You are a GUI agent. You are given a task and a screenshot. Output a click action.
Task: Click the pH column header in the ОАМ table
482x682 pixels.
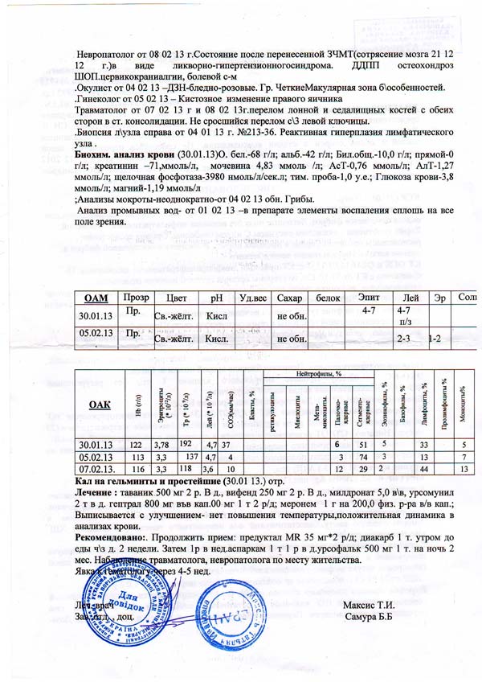[215, 298]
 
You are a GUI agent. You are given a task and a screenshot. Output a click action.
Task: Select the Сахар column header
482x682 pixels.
[288, 298]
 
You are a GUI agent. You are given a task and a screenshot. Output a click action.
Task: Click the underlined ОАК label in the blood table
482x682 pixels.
[99, 403]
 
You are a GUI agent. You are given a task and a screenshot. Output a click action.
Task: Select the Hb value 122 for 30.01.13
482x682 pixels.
[136, 445]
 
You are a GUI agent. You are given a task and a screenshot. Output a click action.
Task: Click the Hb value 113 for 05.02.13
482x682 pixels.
[136, 457]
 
